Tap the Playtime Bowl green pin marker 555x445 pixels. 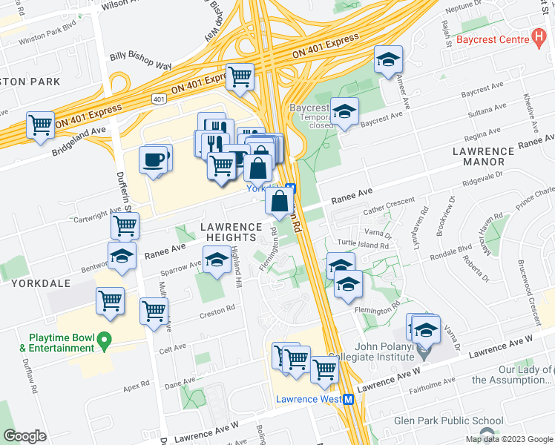[104, 342]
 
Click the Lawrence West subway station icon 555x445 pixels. [347, 399]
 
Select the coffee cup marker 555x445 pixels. [154, 159]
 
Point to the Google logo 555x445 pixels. [24, 436]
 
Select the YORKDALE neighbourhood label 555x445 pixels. [30, 283]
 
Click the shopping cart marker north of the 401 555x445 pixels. [240, 76]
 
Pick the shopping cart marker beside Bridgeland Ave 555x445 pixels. [40, 123]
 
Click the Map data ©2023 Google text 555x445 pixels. [508, 439]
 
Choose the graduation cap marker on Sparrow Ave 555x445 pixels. [217, 260]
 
